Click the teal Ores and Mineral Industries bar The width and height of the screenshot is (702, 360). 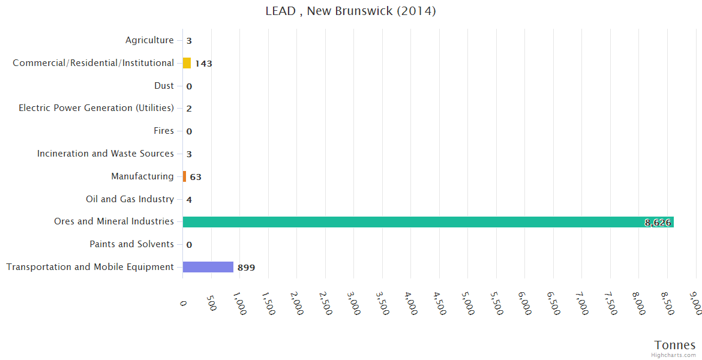point(428,222)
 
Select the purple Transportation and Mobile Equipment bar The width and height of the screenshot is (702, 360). point(208,267)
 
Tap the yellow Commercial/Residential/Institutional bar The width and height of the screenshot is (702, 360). point(187,63)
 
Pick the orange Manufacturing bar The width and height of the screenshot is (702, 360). point(184,176)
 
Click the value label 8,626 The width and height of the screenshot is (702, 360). point(658,223)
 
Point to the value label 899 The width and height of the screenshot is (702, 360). point(246,268)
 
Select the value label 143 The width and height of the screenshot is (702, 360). point(203,64)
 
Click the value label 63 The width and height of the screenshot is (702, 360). point(196,177)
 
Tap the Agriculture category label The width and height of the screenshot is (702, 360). point(149,40)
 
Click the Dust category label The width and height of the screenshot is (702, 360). point(164,86)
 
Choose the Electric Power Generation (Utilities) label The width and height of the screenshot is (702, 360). point(96,108)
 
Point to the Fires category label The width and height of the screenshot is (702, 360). point(164,131)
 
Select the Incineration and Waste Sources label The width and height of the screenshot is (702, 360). point(106,154)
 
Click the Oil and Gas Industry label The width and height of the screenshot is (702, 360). point(130,199)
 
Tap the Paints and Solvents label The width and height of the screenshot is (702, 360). point(131,244)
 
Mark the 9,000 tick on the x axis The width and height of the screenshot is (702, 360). point(697,304)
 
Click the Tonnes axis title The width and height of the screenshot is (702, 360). point(674,345)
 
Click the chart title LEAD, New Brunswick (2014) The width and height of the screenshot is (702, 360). point(350,11)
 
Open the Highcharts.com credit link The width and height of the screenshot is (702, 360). point(674,355)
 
